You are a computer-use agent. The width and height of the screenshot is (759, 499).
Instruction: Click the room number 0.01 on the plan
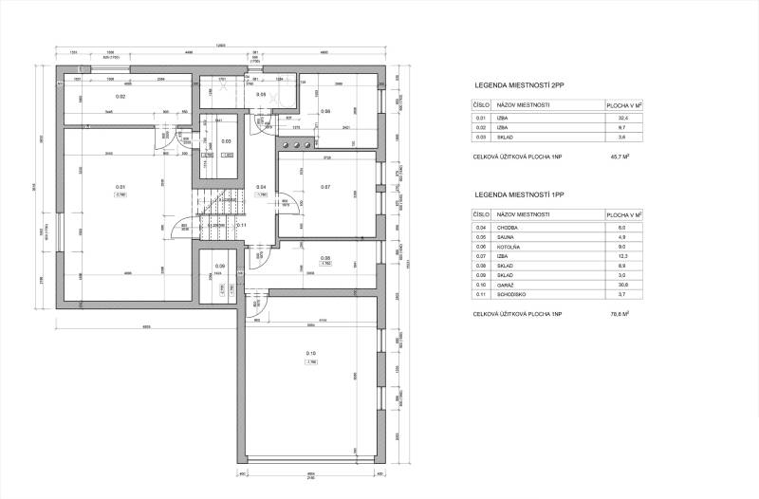[120, 186]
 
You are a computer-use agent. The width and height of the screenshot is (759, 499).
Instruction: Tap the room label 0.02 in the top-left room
[120, 97]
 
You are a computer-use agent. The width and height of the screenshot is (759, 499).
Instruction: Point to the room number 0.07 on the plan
[325, 187]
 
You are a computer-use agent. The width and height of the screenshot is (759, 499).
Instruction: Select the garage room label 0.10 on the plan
[311, 354]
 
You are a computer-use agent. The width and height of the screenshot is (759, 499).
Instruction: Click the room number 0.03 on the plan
[226, 141]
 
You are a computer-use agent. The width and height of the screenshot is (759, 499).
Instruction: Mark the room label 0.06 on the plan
[325, 111]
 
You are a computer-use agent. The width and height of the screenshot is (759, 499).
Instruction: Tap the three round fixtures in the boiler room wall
[295, 144]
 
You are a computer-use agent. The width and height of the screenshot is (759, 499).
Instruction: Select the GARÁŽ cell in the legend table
[515, 285]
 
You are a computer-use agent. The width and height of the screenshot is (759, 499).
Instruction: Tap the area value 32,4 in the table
[624, 117]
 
